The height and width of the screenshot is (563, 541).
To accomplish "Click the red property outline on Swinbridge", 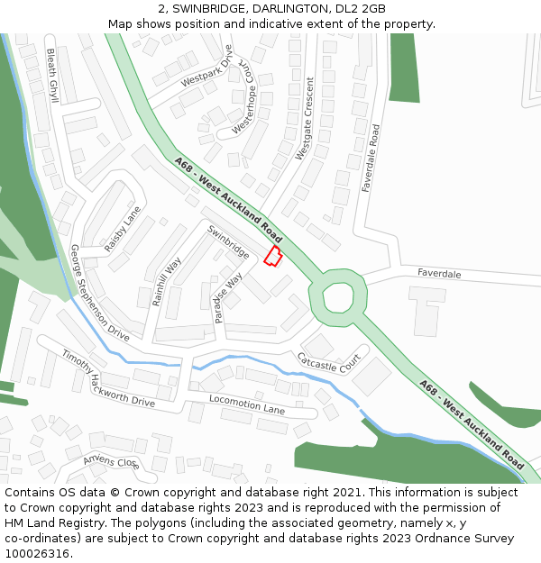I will click(272, 257).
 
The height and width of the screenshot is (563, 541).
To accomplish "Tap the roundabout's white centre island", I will click(340, 296).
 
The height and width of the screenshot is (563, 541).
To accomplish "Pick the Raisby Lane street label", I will click(123, 230).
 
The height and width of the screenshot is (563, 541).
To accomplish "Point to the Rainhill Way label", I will click(167, 281).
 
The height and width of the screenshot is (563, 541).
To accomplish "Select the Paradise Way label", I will click(228, 298).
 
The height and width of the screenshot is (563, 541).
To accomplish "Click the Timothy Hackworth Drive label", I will click(108, 379).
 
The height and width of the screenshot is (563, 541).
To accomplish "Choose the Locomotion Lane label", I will click(247, 404).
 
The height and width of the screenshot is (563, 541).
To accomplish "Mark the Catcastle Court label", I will click(329, 365).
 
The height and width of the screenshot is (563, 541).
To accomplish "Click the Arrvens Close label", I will click(111, 462).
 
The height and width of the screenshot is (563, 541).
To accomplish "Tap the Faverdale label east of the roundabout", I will click(439, 273).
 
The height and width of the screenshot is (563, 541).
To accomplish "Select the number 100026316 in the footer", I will click(39, 553).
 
